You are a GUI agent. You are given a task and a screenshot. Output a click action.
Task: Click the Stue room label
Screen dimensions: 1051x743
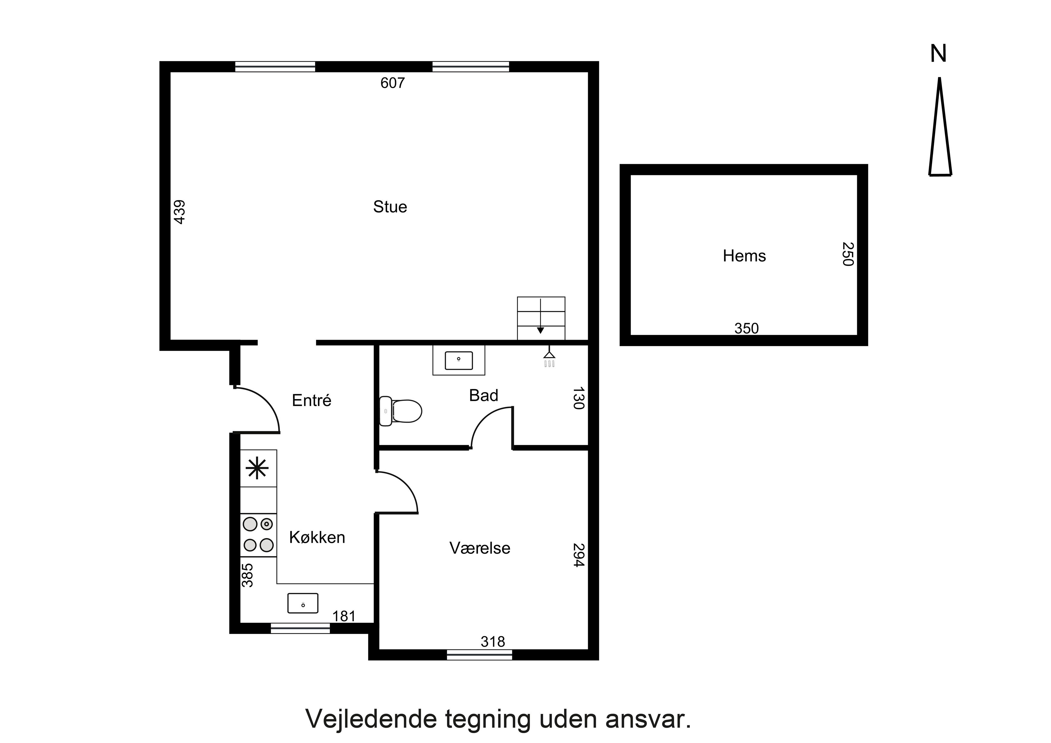[x=390, y=207]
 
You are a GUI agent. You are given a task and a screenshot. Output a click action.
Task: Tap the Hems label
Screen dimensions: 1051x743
[x=744, y=256]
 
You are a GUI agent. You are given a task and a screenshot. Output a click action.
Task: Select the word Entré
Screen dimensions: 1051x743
[x=311, y=401]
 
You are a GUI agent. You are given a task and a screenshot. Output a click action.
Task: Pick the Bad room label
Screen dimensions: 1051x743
[x=483, y=395]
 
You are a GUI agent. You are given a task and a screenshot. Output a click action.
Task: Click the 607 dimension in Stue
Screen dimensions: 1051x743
[x=393, y=83]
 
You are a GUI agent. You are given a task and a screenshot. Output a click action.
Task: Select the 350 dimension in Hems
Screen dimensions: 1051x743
[x=747, y=328]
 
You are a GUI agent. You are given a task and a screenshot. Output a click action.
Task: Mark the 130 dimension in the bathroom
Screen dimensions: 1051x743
[x=579, y=398]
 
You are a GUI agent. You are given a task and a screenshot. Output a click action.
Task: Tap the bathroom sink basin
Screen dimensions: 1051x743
[x=459, y=360]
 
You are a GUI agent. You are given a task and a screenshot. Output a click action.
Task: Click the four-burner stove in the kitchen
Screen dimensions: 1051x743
[x=258, y=535]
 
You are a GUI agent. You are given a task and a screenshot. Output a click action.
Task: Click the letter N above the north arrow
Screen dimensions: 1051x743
[x=938, y=54]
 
